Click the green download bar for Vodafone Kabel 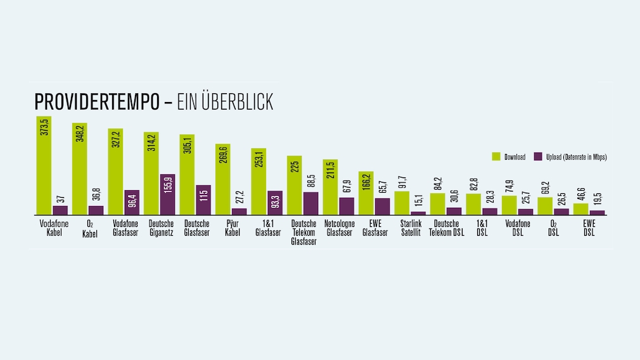(x=44, y=171)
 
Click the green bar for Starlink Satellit (x=402, y=203)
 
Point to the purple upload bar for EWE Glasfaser (x=382, y=207)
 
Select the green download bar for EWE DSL (x=580, y=209)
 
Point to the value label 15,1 (x=418, y=202)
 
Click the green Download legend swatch (x=496, y=157)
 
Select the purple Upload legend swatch (x=538, y=157)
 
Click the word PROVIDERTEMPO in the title (x=101, y=102)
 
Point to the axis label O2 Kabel (x=79, y=228)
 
